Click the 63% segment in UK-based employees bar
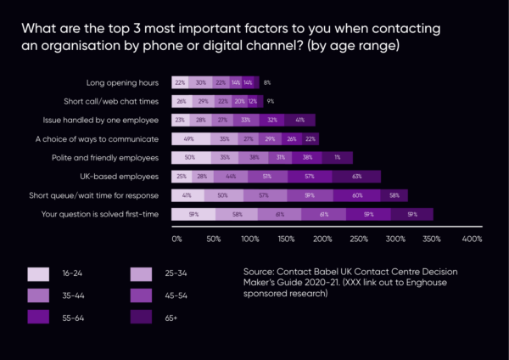356,177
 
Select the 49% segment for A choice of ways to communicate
189,138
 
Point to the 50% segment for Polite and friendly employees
190,157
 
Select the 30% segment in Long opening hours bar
201,82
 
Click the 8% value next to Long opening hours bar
267,82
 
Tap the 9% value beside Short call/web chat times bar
270,101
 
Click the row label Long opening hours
125,82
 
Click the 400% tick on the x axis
472,239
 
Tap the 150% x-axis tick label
288,239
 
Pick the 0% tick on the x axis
176,239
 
